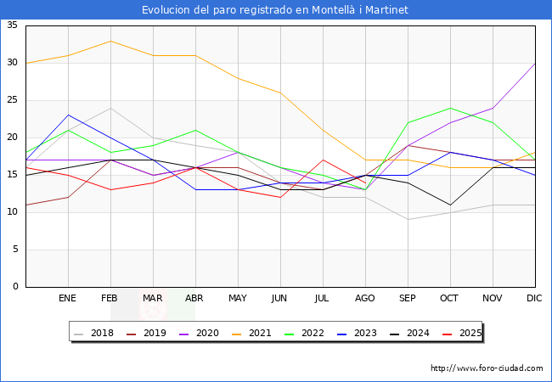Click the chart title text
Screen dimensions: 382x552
(275, 10)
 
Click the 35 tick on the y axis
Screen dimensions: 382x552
(13, 25)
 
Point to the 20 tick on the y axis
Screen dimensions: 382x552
(13, 138)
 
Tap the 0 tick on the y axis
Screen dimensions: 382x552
(15, 287)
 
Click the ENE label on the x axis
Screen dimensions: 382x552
(68, 299)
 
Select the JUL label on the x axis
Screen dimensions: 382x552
(323, 299)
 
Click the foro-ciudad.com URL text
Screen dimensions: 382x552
(487, 368)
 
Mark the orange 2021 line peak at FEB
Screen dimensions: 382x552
(110, 41)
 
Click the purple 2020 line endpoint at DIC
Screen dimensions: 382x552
(535, 63)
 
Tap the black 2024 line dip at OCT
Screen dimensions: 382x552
(450, 205)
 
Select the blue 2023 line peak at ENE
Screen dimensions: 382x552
(68, 115)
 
